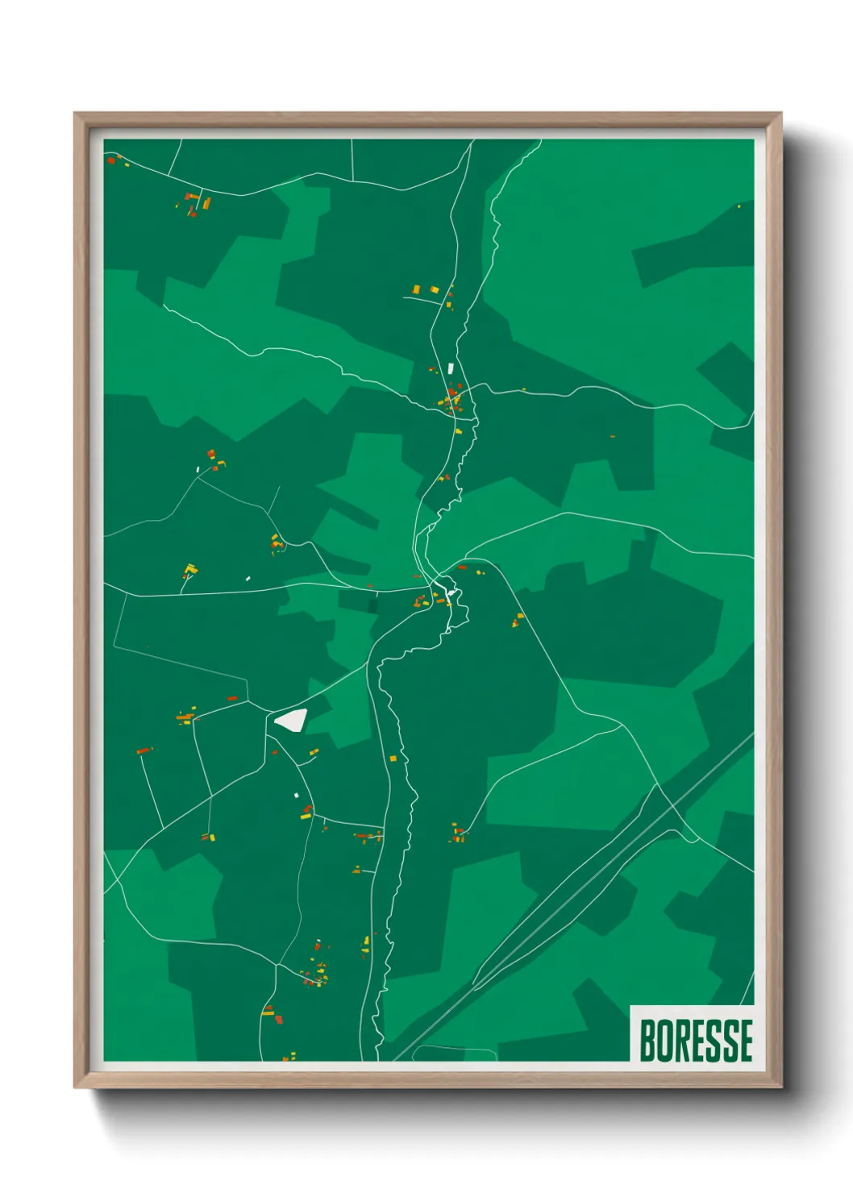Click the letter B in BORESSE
(647, 1041)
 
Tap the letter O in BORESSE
(665, 1041)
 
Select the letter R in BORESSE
(683, 1041)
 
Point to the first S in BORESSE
(714, 1041)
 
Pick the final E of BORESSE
(746, 1041)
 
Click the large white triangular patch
(291, 719)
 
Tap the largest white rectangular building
(451, 368)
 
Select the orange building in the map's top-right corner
(739, 206)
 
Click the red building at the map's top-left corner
(111, 160)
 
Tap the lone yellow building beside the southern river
(393, 759)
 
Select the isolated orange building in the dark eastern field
(613, 436)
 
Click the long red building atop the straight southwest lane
(144, 751)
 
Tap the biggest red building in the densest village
(451, 395)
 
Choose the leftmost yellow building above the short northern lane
(417, 289)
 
